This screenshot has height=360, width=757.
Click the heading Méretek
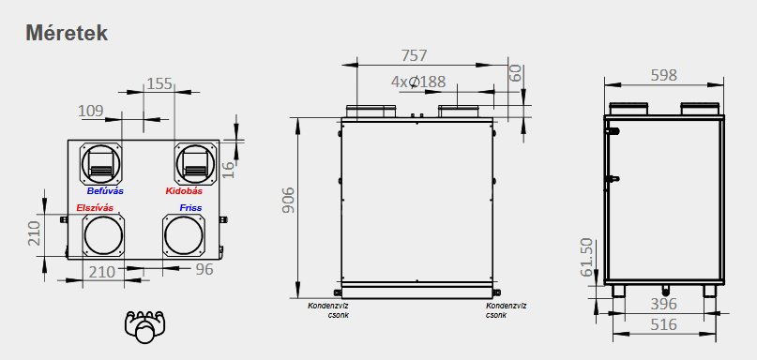pyautogui.click(x=67, y=34)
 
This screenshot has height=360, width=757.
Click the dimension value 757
pyautogui.click(x=415, y=55)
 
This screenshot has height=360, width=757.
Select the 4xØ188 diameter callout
pyautogui.click(x=418, y=82)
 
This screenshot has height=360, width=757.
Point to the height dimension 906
pyautogui.click(x=288, y=200)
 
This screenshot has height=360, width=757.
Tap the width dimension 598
pyautogui.click(x=664, y=75)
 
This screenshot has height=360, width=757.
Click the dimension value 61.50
pyautogui.click(x=585, y=257)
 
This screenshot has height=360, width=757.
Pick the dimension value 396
pyautogui.click(x=663, y=304)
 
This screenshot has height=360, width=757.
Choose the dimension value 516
pyautogui.click(x=663, y=324)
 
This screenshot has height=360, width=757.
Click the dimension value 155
pyautogui.click(x=159, y=83)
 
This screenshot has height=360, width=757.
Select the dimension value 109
pyautogui.click(x=91, y=111)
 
